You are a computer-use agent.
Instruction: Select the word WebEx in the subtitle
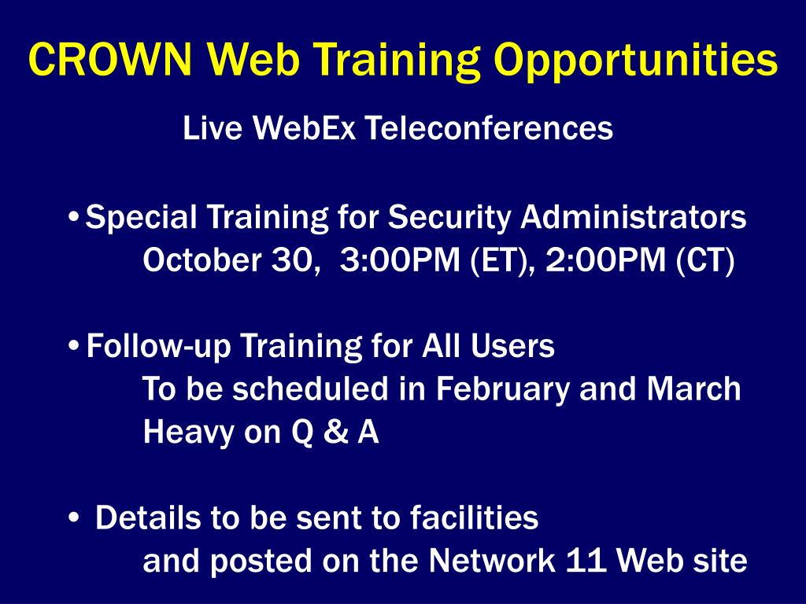coord(304,127)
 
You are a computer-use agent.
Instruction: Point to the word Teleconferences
coord(489,127)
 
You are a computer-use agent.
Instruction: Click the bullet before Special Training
coord(73,217)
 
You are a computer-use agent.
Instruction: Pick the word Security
coord(449,218)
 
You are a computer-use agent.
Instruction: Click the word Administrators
coord(634,217)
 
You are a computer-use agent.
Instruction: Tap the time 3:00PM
coord(400,260)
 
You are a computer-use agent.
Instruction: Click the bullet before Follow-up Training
coord(73,346)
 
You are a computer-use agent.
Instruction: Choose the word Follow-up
coord(159,347)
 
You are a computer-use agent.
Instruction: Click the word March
coord(693,389)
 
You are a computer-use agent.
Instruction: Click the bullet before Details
coord(73,517)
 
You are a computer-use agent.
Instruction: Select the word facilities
coord(474,517)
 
